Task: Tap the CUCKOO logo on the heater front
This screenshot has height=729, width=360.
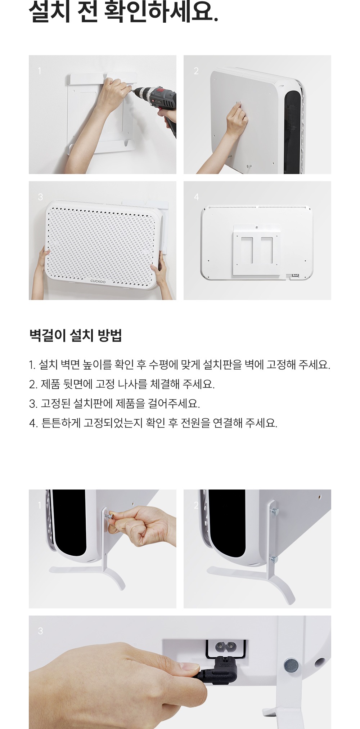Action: (98, 281)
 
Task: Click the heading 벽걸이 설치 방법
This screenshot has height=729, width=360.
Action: (76, 335)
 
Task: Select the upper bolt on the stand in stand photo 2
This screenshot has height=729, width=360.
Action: (275, 511)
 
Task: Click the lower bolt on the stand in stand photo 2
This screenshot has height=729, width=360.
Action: (275, 559)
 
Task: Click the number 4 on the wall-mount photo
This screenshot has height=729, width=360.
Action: (196, 197)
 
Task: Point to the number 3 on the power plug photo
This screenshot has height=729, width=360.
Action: (40, 631)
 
